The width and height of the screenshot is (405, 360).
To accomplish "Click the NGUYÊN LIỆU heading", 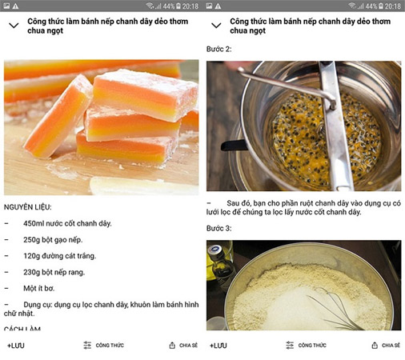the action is point(27,207).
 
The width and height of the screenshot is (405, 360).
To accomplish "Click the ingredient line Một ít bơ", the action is point(38,288).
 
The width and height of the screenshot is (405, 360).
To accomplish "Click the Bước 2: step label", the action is point(219,49).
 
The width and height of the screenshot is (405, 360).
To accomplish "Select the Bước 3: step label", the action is point(219,228).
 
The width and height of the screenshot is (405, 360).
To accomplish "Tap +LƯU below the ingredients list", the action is point(16,346).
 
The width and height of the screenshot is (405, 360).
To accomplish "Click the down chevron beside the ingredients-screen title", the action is point(14,26).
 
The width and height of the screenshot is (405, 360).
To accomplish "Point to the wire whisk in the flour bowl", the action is point(334,310).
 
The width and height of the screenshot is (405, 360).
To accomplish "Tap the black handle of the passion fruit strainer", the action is point(234,146).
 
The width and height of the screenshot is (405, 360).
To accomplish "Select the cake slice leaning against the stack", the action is point(58,118).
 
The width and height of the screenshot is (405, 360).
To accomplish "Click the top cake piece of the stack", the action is point(146,94).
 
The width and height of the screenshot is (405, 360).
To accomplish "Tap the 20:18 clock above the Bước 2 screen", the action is point(393,6).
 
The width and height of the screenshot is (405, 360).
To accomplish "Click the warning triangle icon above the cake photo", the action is point(15,6).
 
